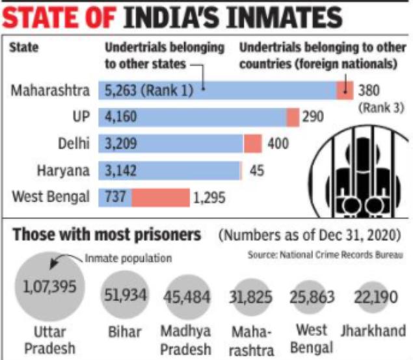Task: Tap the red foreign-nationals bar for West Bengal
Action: tap(160, 197)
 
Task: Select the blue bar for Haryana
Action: tap(169, 170)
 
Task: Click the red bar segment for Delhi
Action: tap(252, 144)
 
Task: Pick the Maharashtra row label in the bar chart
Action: tap(51, 90)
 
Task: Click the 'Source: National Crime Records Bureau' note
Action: tap(326, 255)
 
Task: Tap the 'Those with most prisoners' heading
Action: tap(107, 235)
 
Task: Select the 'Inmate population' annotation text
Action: tap(128, 258)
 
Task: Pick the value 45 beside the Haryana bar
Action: tap(257, 171)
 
